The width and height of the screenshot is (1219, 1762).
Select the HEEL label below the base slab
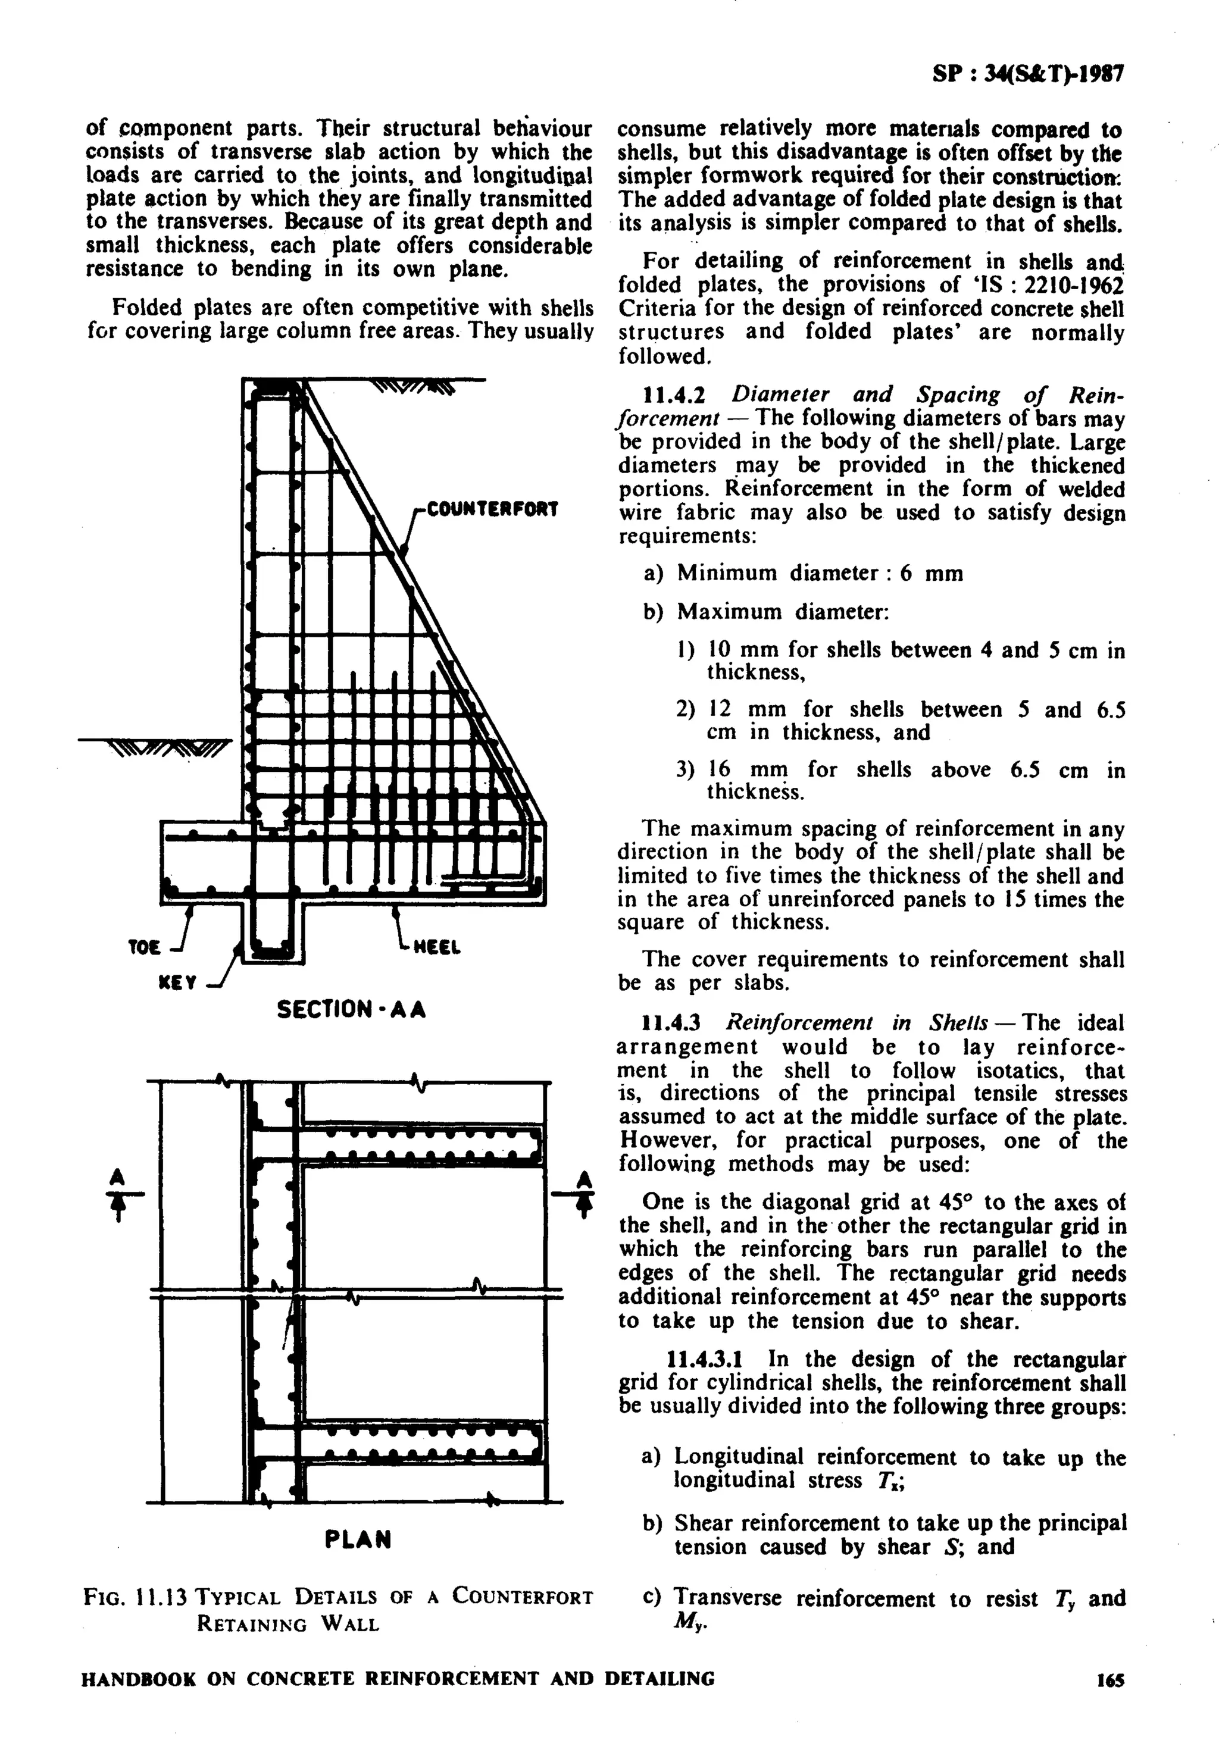pos(437,948)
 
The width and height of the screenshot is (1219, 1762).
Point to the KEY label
pos(177,983)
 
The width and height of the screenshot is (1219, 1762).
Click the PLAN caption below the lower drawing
pos(358,1538)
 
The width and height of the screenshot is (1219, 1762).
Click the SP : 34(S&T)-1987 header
pos(1028,75)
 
